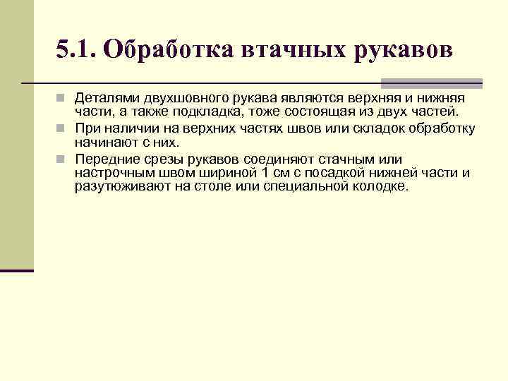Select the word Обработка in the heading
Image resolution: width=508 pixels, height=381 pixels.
(x=169, y=50)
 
